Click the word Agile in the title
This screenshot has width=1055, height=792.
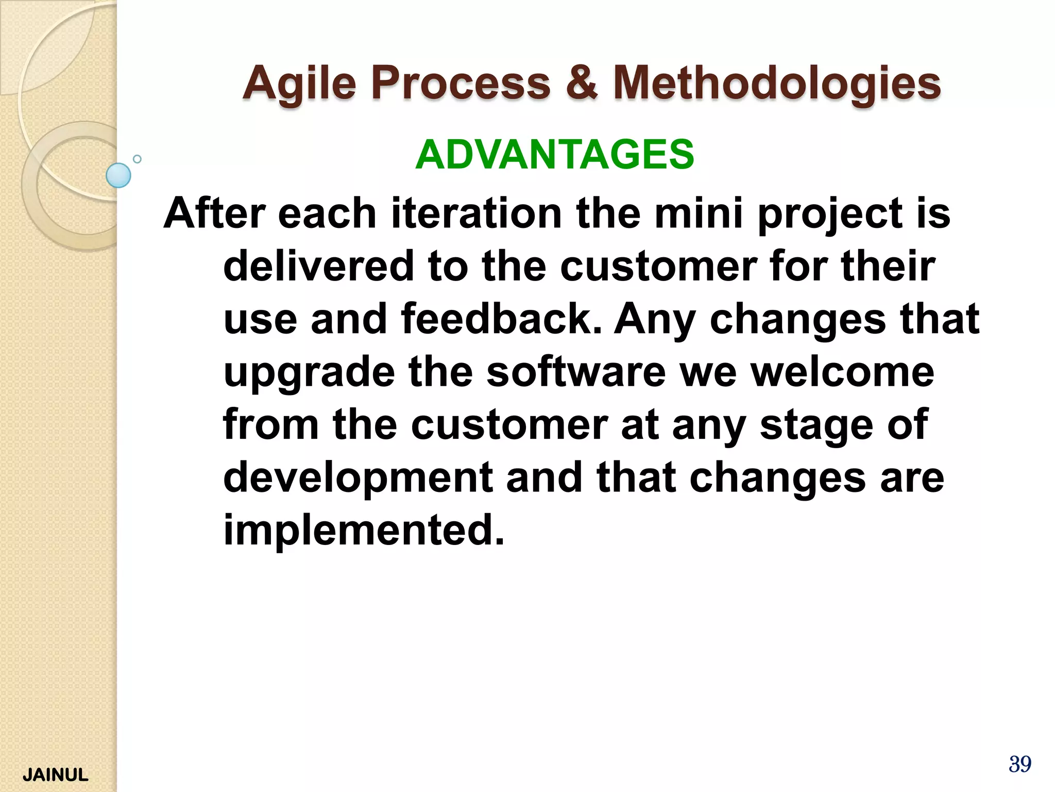click(299, 84)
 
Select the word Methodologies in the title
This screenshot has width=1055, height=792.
click(777, 84)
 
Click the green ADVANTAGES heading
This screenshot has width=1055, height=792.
click(555, 154)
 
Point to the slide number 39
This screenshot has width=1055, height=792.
click(1019, 764)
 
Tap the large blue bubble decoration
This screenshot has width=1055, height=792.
click(118, 175)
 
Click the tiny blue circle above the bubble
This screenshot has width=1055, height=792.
click(137, 159)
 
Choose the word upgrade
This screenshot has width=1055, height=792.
click(309, 372)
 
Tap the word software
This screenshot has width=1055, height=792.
click(576, 372)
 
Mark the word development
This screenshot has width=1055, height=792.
click(358, 477)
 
